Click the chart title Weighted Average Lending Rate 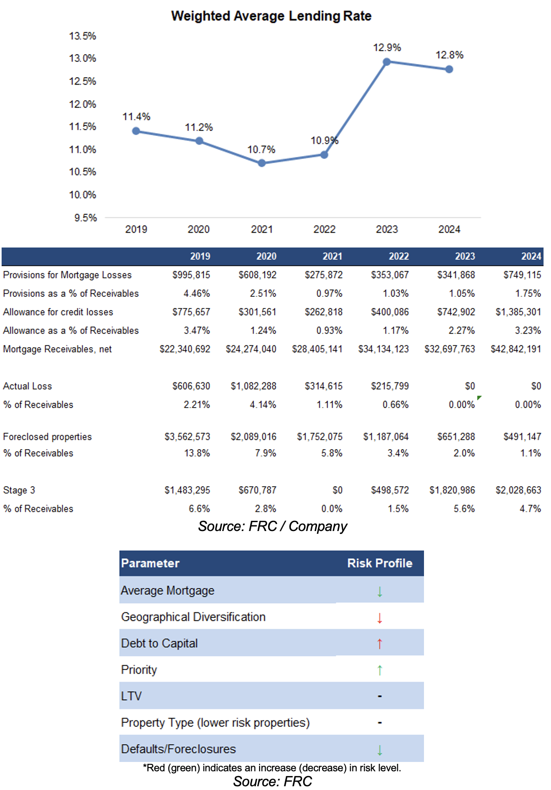[x=271, y=16]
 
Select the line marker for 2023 [x=387, y=62]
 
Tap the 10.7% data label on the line [x=261, y=150]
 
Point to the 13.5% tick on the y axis [x=83, y=36]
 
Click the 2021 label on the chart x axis [x=261, y=230]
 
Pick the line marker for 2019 [x=136, y=131]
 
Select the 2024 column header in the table [x=531, y=256]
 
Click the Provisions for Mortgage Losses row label [x=67, y=275]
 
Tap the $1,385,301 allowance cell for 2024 [x=518, y=312]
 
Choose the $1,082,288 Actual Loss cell [x=254, y=386]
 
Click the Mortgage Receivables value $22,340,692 [x=185, y=349]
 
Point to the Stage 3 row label [x=19, y=490]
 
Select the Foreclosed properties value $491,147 [x=522, y=437]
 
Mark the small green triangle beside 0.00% [x=479, y=398]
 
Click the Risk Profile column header [x=380, y=563]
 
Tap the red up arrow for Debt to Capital [x=380, y=644]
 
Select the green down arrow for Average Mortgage [x=380, y=591]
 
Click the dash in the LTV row [x=380, y=697]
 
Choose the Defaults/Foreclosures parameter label [x=178, y=749]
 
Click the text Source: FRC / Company [x=272, y=526]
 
